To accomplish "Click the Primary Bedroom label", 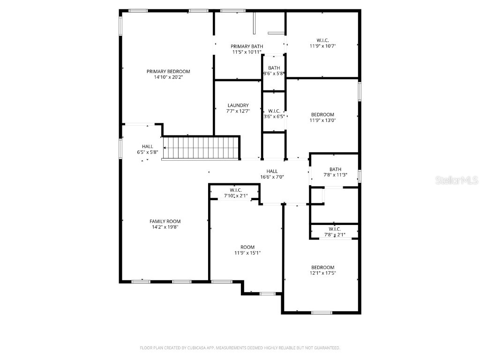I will (x=168, y=71).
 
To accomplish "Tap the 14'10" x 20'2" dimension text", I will (x=168, y=77).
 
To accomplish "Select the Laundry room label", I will (x=238, y=105).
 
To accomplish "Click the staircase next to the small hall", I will (x=201, y=147).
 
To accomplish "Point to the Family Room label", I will (x=165, y=221).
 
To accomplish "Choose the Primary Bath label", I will (x=247, y=46).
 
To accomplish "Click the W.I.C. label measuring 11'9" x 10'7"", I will (x=322, y=40).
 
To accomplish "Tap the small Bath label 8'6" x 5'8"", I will (x=274, y=68).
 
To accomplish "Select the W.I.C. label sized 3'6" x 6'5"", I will (x=274, y=111).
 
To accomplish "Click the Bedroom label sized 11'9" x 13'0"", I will (x=322, y=114).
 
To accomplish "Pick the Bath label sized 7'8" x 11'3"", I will (x=335, y=169).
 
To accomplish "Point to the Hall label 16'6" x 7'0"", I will (x=272, y=171).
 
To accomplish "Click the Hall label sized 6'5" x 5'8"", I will (x=147, y=146).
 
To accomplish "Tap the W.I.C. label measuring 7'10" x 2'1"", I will (x=235, y=190).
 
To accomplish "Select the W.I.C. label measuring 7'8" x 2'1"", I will (x=334, y=229).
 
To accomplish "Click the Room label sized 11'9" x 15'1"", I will (x=247, y=247).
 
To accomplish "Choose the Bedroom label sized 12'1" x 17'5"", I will (x=322, y=267).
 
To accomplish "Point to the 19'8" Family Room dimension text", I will (x=173, y=227).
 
